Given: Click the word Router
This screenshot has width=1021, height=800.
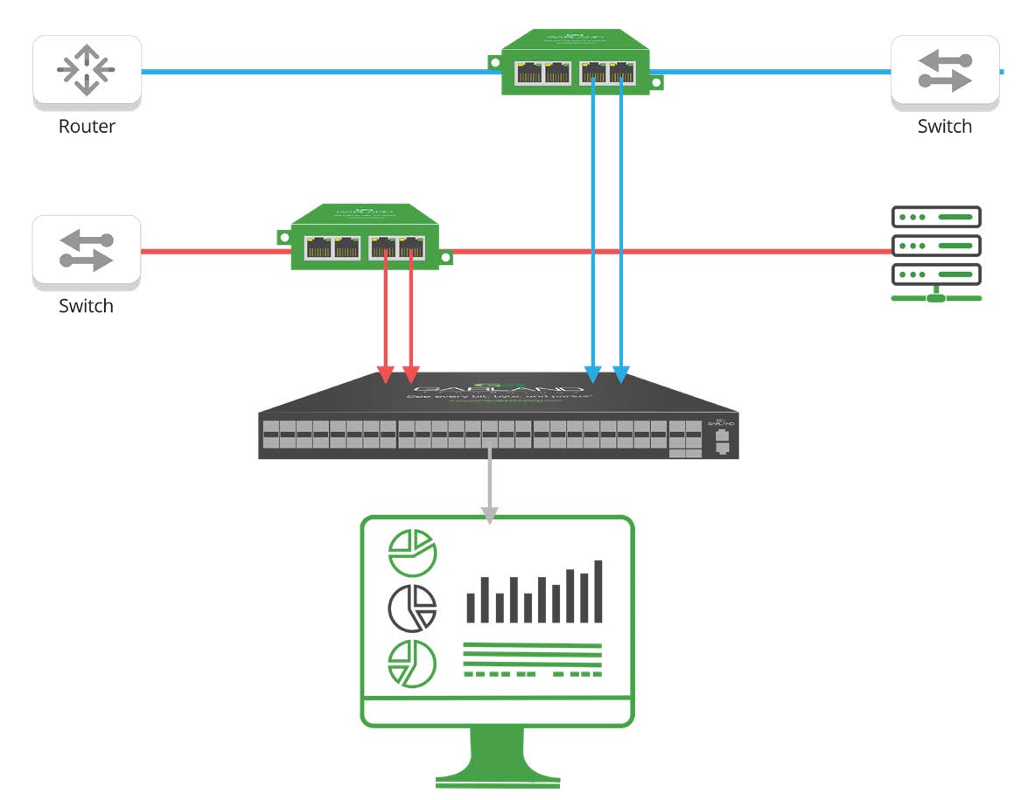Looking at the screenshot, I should pos(87,126).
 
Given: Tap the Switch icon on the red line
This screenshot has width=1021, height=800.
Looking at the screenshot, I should pos(86,251).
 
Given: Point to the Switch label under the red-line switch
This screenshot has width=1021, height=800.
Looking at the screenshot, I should pos(86,306).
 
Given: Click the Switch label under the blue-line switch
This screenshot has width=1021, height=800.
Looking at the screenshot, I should pos(944,126).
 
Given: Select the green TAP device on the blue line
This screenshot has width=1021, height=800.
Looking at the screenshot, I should pos(576,65).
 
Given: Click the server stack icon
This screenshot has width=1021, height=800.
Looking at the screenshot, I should pos(936,254).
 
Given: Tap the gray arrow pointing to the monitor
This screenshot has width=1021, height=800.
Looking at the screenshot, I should pos(490,490).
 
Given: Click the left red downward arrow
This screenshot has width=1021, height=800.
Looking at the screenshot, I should pos(386,332).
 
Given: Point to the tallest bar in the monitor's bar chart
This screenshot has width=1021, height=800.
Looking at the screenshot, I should pos(598,591).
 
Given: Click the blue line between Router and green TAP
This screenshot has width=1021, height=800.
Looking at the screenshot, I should pos(315,72).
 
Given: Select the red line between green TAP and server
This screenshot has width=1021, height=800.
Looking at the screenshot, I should pos(665,252).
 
